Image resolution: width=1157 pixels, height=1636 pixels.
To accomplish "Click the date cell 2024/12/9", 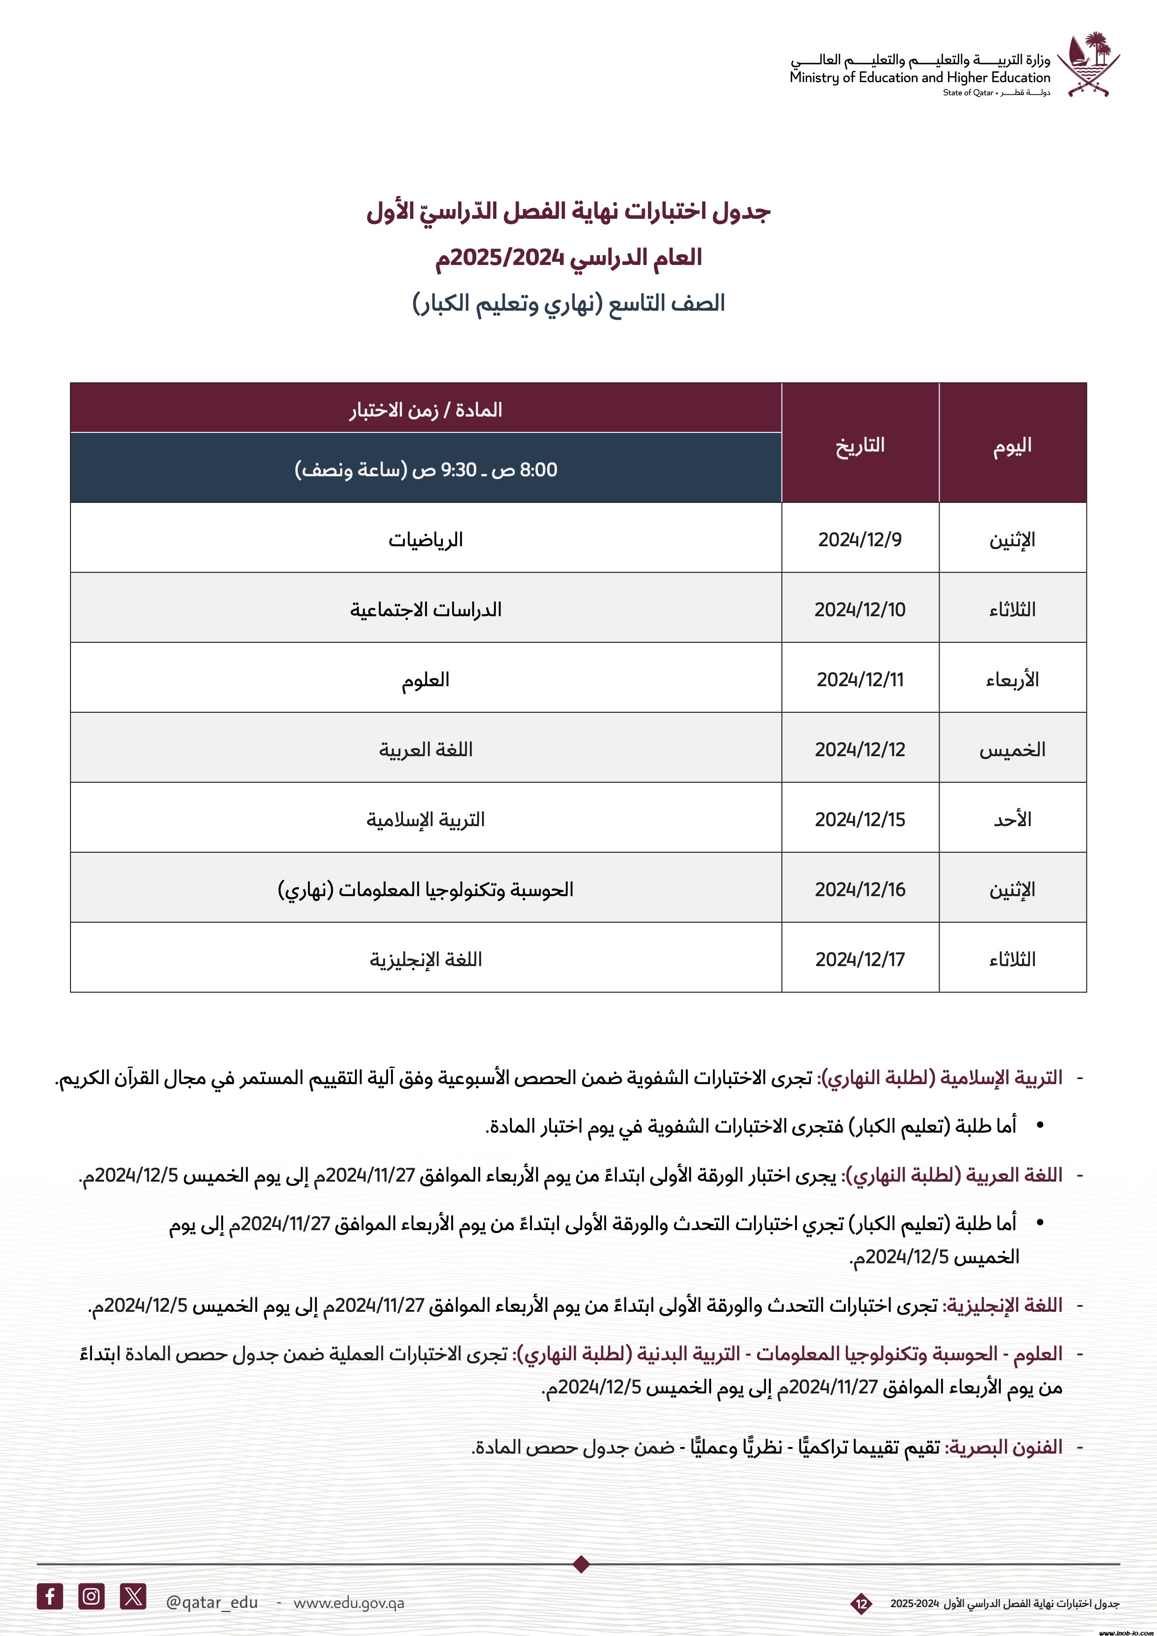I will pos(859,539).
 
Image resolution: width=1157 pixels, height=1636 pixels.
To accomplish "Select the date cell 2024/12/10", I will pos(859,609).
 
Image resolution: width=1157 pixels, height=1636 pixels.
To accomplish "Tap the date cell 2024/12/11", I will pos(859,679).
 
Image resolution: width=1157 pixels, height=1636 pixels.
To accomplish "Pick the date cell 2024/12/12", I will pos(859,749).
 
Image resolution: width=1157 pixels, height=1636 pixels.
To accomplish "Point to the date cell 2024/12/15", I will pos(859,819).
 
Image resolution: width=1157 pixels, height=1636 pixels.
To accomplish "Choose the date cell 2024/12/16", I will pos(859,889).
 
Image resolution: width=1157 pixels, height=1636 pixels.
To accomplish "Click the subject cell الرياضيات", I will pos(425,539).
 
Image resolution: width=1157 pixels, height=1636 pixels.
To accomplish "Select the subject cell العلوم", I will pos(425,679).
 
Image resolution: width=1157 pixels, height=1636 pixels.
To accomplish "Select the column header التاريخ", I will pos(859,446).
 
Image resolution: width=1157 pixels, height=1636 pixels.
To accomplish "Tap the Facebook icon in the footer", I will pos(50,1596).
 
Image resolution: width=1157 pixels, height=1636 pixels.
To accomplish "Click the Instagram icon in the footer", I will pos(91,1596).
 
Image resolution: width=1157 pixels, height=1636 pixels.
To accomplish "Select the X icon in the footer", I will pos(133,1596).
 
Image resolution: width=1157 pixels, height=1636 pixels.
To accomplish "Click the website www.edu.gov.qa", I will pos(348,1602).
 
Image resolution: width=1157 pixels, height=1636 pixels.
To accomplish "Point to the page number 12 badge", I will pos(861,1604).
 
